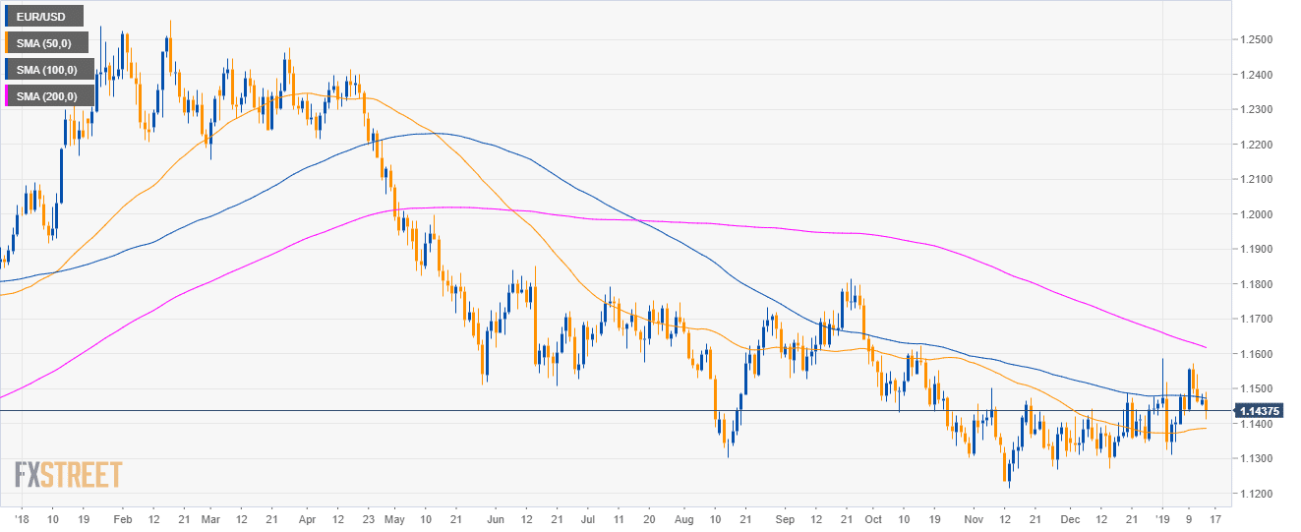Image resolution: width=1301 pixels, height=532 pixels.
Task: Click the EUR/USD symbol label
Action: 42,16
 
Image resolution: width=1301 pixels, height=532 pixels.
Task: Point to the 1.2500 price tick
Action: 1258,39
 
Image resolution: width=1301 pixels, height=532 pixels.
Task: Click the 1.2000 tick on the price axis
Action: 1258,214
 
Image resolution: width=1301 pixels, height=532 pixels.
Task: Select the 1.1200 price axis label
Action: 1258,494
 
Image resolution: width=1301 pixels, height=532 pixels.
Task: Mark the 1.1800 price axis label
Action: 1258,284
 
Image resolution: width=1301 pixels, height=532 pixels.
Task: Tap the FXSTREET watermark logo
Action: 69,475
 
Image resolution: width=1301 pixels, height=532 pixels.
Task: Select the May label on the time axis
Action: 395,518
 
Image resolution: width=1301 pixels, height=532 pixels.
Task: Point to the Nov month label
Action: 974,518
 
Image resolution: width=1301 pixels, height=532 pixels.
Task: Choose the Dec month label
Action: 1071,518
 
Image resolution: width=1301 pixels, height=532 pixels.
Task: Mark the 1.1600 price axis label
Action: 1258,354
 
